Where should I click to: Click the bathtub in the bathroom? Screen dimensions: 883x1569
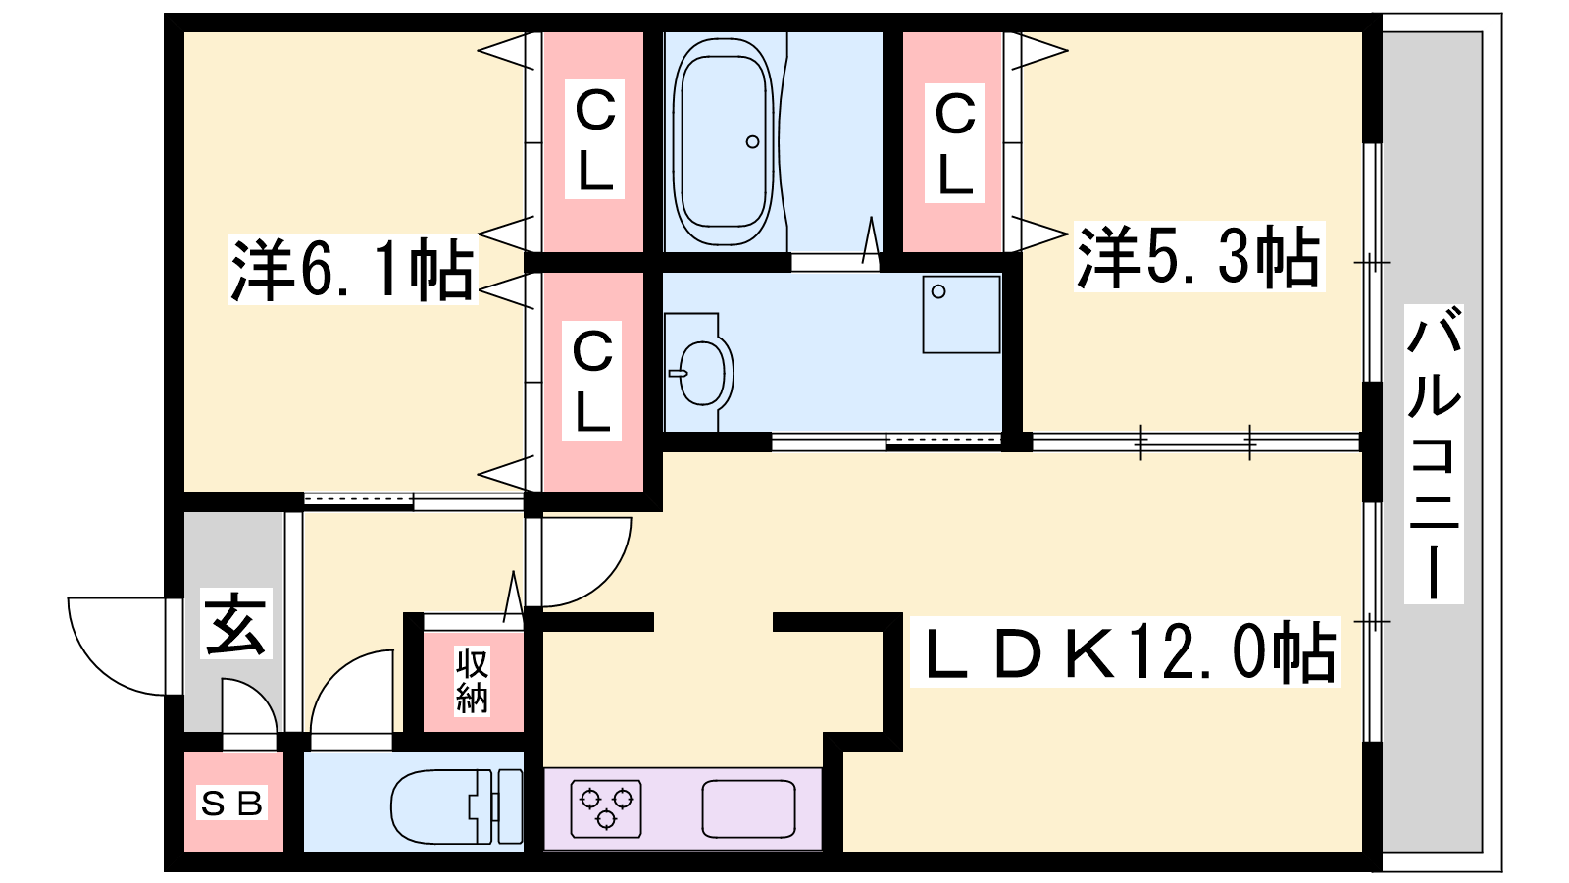[726, 142]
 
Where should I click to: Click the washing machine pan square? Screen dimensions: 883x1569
[961, 314]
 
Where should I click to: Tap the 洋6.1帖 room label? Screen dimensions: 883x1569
[352, 270]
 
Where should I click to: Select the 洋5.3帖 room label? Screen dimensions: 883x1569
[1198, 257]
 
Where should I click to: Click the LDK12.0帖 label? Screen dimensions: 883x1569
[1126, 652]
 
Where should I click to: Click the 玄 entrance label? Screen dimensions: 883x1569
[235, 624]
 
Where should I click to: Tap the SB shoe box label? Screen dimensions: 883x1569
[232, 804]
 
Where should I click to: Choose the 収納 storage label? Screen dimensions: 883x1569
[472, 681]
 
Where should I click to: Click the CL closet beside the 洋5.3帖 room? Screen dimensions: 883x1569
[954, 143]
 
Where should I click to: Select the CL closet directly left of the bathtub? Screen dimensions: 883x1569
[594, 141]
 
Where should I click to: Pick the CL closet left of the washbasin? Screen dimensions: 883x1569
[592, 383]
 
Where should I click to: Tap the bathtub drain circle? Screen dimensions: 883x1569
[752, 142]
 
